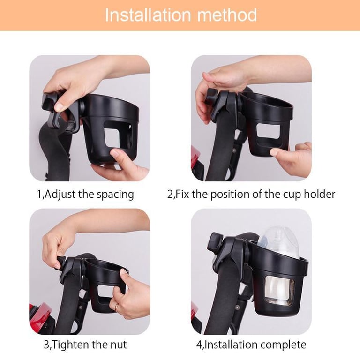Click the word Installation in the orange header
148,15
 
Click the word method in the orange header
227,15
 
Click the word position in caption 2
230,195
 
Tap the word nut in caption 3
119,345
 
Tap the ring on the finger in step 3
117,307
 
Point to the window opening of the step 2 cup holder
268,131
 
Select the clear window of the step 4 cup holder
279,291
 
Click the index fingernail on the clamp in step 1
60,107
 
